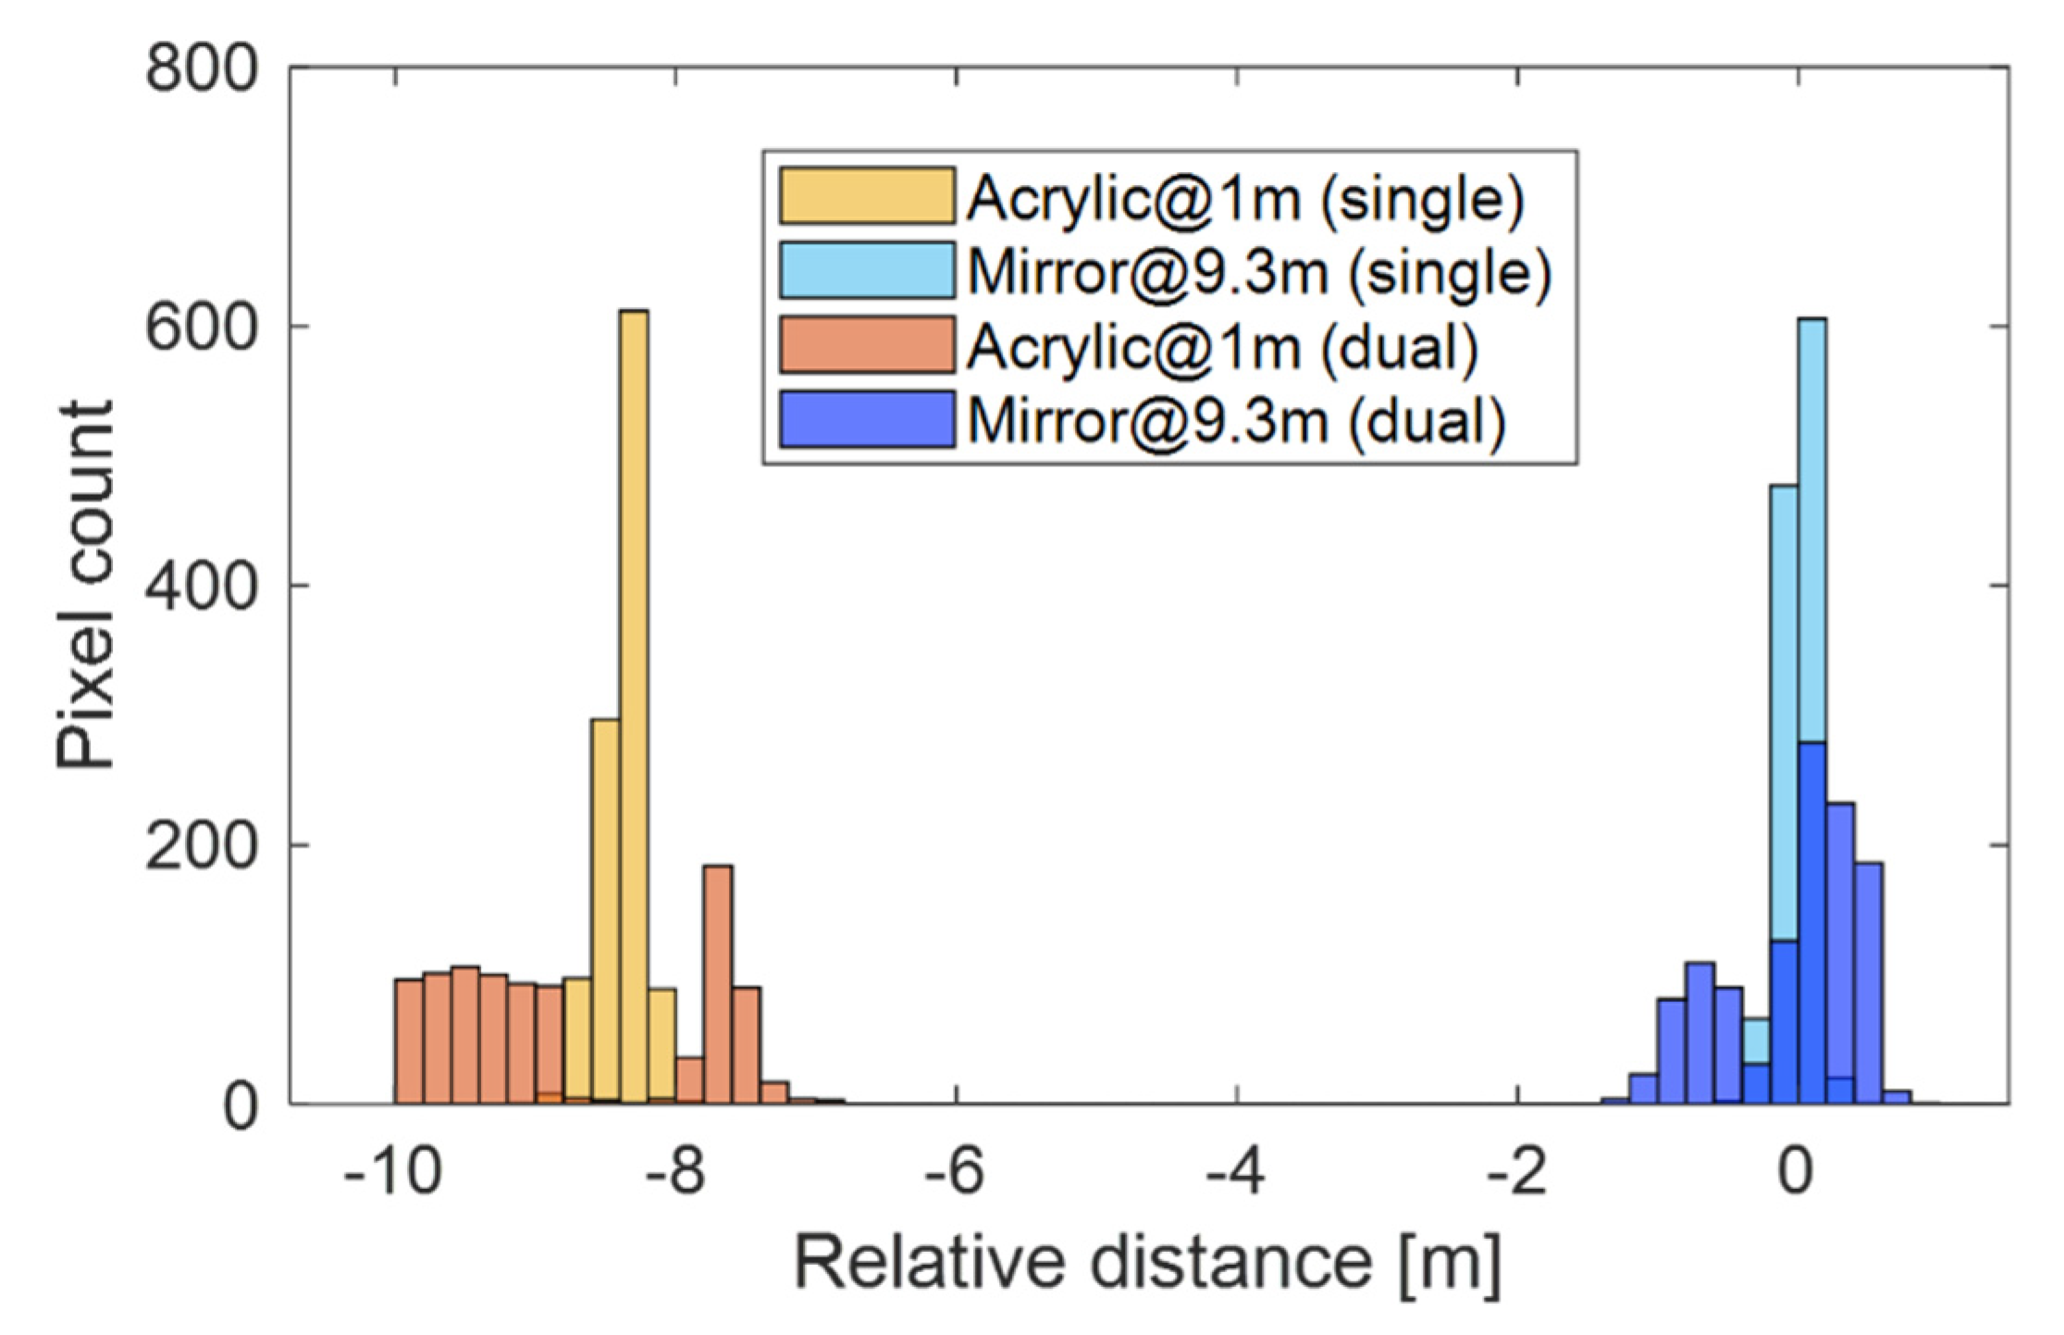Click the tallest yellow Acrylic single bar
tap(634, 703)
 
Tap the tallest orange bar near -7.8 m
tap(718, 981)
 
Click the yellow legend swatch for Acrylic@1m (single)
tap(866, 196)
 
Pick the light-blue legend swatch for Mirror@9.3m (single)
tap(866, 270)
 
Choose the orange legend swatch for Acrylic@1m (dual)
tap(866, 345)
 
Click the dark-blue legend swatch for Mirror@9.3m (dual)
tap(866, 419)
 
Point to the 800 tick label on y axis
tap(201, 68)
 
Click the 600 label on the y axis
tap(201, 328)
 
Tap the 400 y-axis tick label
tap(201, 587)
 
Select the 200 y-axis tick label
tap(201, 846)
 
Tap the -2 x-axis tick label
tap(1517, 1174)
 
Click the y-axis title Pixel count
tap(85, 585)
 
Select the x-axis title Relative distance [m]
tap(1147, 1264)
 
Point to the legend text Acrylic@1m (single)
tap(1244, 198)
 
